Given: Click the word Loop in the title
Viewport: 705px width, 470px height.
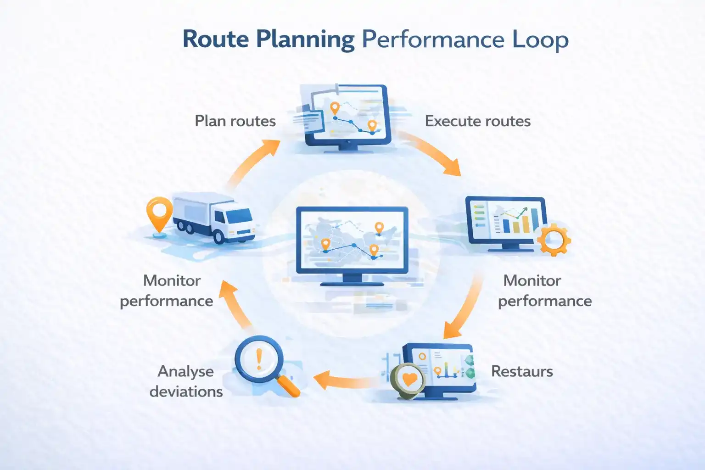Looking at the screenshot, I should pyautogui.click(x=540, y=39).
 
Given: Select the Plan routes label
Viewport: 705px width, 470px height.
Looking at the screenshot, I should pyautogui.click(x=235, y=121).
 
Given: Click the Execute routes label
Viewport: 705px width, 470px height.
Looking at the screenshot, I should pyautogui.click(x=477, y=121).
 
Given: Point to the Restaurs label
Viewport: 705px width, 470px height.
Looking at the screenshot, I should pyautogui.click(x=522, y=371).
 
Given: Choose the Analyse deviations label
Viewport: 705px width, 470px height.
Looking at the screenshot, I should pyautogui.click(x=186, y=381).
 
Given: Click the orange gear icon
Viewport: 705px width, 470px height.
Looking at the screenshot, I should pyautogui.click(x=554, y=239).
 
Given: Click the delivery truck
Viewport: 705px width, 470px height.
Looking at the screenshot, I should pyautogui.click(x=214, y=216).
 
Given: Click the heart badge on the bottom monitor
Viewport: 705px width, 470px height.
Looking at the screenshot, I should pyautogui.click(x=409, y=380).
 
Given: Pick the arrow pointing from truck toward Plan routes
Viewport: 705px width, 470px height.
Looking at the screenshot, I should pyautogui.click(x=255, y=161).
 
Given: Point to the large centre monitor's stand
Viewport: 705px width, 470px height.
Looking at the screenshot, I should pyautogui.click(x=352, y=280).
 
